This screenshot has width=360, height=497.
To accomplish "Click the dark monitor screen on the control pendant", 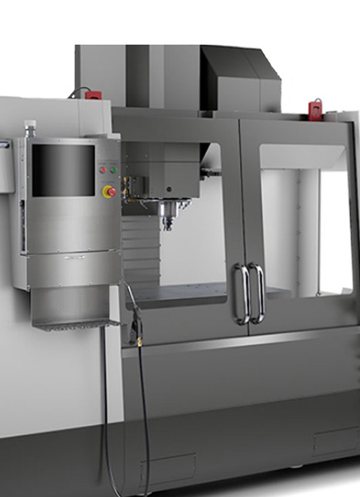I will (63, 170).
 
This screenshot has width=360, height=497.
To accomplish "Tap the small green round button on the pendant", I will (113, 168).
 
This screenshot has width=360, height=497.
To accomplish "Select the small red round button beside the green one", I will (103, 168).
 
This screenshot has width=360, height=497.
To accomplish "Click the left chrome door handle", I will (239, 293).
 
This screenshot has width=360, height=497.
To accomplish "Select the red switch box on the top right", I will (315, 108).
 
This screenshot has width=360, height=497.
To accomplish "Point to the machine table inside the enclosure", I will (182, 292).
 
